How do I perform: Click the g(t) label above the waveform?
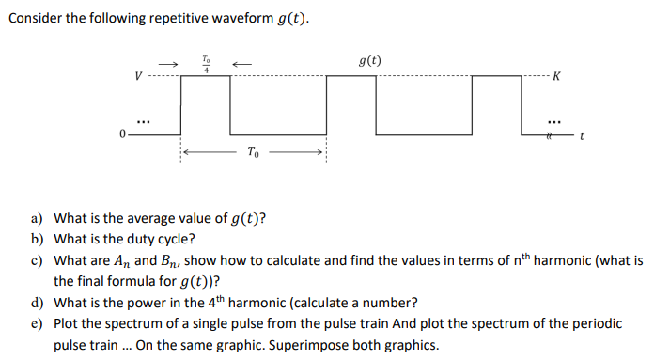(370, 61)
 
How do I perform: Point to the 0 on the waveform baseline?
(122, 134)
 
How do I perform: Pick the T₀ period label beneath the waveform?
(254, 151)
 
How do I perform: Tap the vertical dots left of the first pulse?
(142, 120)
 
